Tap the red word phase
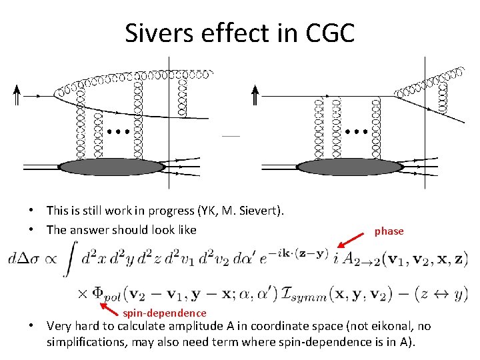coord(389,231)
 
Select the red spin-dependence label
coord(165,313)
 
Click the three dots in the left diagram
coord(118,132)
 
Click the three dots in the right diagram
coord(357,132)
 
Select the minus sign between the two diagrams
coord(231,135)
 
